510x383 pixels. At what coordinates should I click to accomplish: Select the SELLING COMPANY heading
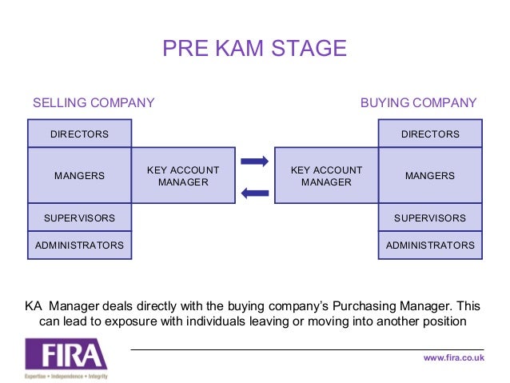click(x=93, y=103)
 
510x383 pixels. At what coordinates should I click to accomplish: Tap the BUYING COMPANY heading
click(x=418, y=103)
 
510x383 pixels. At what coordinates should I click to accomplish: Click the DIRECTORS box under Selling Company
click(x=79, y=134)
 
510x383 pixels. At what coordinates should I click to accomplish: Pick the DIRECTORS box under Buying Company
click(x=430, y=134)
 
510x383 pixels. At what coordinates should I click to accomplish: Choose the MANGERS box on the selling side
click(x=79, y=176)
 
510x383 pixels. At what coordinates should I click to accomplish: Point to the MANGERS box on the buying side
click(x=430, y=176)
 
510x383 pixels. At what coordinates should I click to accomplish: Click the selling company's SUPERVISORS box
click(x=79, y=217)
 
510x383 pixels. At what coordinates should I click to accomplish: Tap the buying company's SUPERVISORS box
click(x=430, y=217)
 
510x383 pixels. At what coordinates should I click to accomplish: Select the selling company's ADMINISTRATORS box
click(x=79, y=245)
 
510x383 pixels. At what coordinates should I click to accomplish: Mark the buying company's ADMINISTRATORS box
click(x=430, y=245)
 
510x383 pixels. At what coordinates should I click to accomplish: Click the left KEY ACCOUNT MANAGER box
click(x=183, y=176)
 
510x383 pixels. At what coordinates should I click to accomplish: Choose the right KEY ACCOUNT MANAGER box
click(x=326, y=176)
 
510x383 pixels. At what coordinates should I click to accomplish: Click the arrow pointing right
click(x=254, y=162)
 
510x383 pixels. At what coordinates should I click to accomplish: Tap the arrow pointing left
click(x=254, y=192)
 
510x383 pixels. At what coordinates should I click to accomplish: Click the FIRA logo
click(x=66, y=354)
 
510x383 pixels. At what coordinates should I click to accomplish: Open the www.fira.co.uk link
click(x=453, y=357)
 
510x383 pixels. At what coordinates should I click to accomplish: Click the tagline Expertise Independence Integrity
click(x=66, y=375)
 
